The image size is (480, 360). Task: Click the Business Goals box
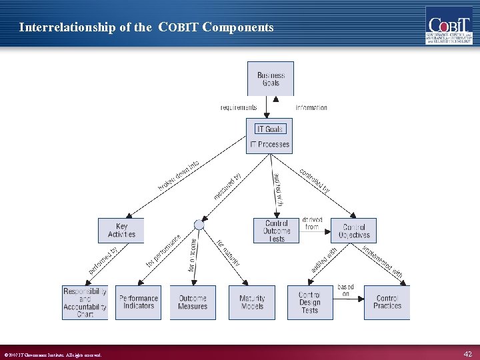[x=271, y=79]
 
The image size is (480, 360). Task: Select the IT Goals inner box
[x=269, y=129]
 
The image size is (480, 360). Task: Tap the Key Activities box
[x=121, y=231]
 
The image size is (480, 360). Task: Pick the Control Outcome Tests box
[x=276, y=231]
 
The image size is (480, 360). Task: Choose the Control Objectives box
[x=353, y=231]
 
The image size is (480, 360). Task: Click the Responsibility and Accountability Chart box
[x=85, y=303]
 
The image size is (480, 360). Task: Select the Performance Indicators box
[x=139, y=303]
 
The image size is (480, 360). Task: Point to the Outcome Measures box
[x=193, y=303]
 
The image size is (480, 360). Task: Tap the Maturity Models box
[x=252, y=303]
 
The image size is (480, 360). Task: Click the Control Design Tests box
[x=309, y=303]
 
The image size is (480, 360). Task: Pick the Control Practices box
[x=387, y=303]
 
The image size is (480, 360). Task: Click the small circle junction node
[x=199, y=225]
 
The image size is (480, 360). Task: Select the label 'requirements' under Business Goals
[x=239, y=107]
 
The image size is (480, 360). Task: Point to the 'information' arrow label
[x=311, y=107]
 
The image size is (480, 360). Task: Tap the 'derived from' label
[x=313, y=223]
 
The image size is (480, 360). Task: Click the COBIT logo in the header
[x=449, y=25]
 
